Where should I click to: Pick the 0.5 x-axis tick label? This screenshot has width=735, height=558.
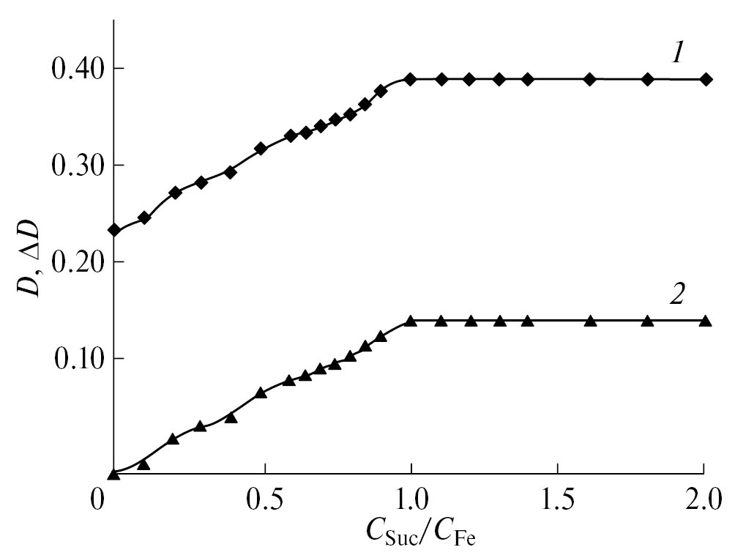tap(264, 502)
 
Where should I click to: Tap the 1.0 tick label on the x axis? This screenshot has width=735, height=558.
tap(411, 502)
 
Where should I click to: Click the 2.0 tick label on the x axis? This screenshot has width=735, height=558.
tap(704, 502)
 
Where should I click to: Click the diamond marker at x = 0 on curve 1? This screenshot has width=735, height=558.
tap(113, 230)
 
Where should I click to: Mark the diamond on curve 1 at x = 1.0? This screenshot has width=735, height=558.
tap(411, 79)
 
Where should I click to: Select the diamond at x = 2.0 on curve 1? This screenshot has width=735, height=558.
tap(706, 79)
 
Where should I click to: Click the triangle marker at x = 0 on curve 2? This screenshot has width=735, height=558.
tap(113, 475)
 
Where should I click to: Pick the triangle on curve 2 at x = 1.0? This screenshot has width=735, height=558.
tap(411, 321)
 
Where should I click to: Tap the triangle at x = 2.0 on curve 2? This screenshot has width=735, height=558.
tap(706, 321)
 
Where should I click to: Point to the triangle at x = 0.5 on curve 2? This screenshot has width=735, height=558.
tap(261, 393)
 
